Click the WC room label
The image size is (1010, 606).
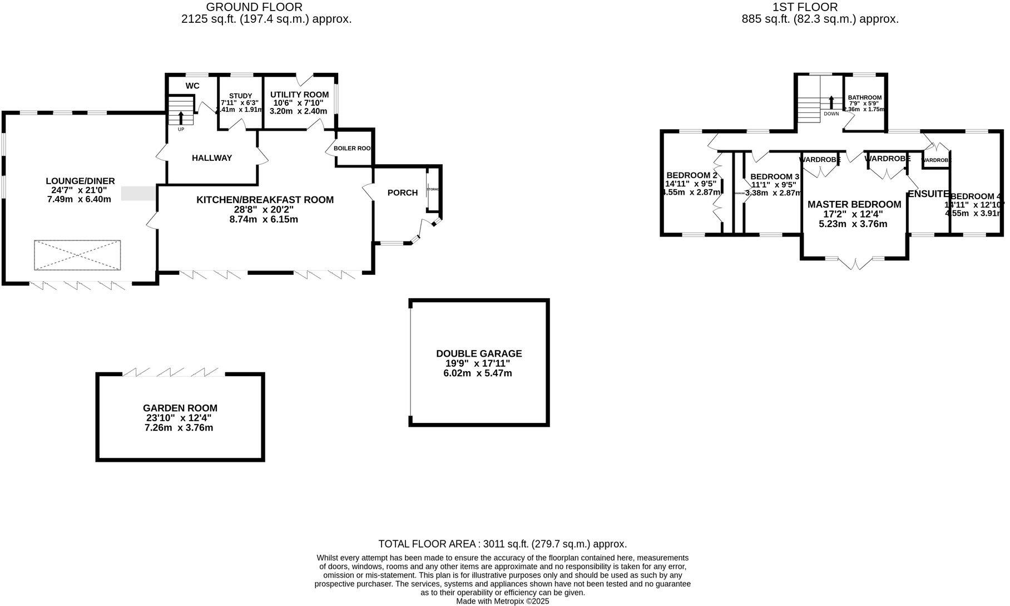pos(192,86)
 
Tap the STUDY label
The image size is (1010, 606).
pos(240,96)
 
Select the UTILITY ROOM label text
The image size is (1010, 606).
pos(299,95)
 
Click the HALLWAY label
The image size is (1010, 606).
pos(212,158)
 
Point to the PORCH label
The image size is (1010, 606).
pos(402,193)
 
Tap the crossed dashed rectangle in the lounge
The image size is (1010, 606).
pos(77,255)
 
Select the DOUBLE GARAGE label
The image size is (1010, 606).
pos(479,353)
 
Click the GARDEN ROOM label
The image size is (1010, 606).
pos(180,408)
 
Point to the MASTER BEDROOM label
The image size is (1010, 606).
pos(854,204)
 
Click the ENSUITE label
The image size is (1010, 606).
pos(928,194)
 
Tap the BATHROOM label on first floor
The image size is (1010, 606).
pos(864,97)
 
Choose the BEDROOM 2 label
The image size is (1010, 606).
pos(691,175)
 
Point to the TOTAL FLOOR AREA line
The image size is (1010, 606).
pos(502,544)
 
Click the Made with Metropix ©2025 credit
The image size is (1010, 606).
pos(502,601)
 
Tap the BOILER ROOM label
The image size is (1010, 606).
pos(353,149)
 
